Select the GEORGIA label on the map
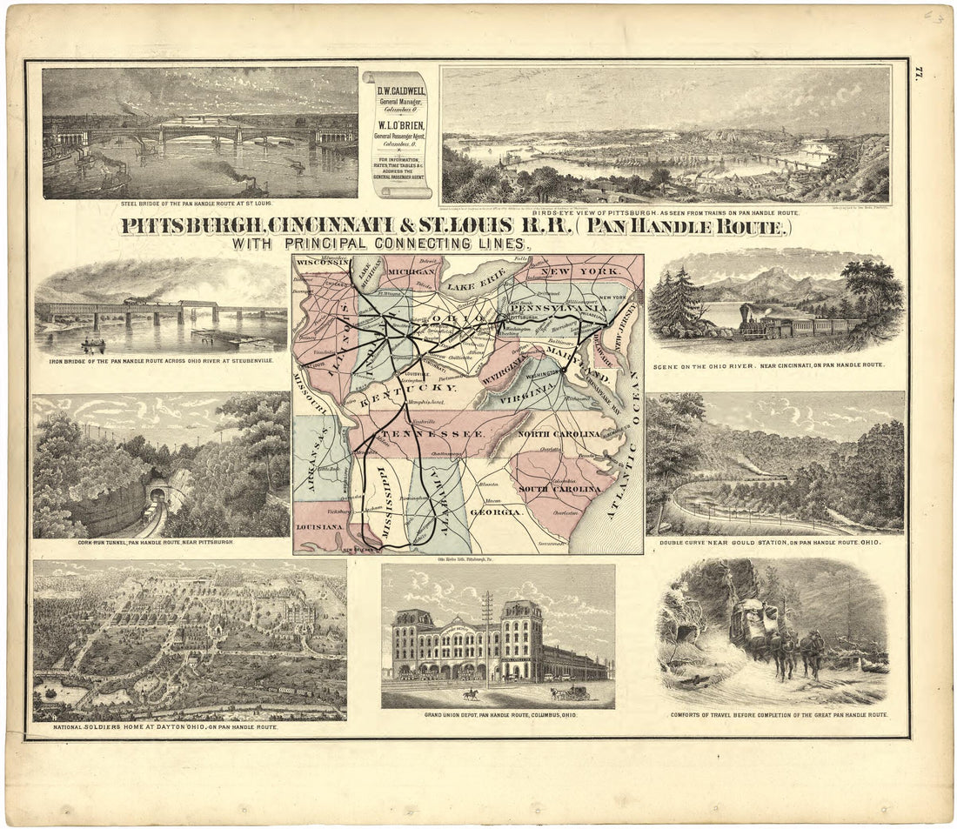497,512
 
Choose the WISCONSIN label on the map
321,262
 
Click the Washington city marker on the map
564,369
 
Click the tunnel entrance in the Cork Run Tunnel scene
157,494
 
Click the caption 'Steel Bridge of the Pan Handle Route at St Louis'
199,205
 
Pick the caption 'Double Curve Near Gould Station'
774,542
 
